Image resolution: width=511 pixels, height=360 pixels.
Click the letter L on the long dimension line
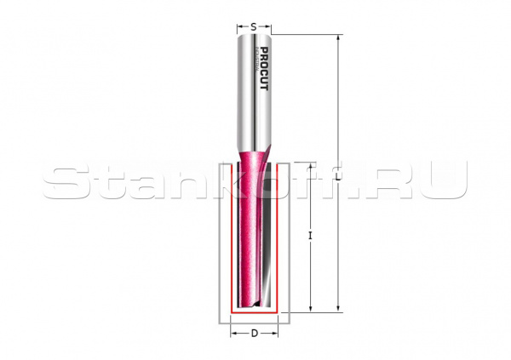click(x=338, y=178)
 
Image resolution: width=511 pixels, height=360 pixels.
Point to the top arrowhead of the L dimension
click(x=338, y=38)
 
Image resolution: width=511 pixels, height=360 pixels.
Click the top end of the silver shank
click(x=254, y=36)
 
